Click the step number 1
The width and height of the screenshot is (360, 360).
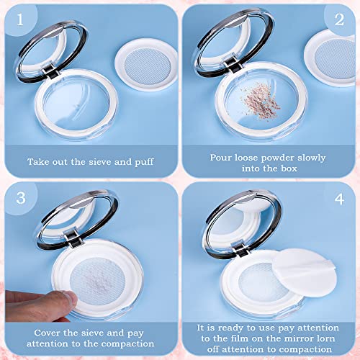(20, 19)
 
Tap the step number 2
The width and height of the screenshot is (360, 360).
(339, 19)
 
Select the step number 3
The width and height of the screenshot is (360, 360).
(21, 198)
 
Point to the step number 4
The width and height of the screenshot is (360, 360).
(339, 199)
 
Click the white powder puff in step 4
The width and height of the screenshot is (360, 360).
(305, 272)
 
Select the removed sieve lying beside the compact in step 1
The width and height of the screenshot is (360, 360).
(147, 65)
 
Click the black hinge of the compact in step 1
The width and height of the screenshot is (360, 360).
(50, 72)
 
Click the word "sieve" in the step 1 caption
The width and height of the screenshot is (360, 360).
(100, 162)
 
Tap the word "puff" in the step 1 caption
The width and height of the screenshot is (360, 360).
(144, 163)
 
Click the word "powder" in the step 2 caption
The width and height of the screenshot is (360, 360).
(277, 158)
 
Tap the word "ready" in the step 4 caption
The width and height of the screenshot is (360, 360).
(230, 328)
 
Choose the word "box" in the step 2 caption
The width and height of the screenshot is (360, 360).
(289, 168)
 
